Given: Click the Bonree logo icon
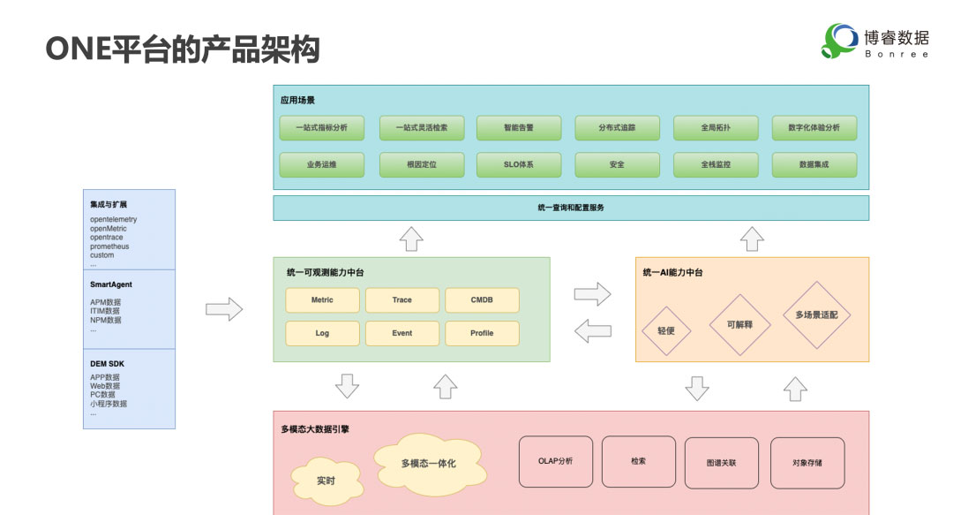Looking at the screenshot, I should point(839,41).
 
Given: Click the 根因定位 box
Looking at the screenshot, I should point(421,165).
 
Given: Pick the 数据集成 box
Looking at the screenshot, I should point(814,165).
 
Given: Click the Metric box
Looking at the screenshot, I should point(322,300).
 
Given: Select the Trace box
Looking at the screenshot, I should point(401,300).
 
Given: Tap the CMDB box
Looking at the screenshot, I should point(482,300).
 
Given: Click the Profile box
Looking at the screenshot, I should point(482,333).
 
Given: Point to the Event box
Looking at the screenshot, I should point(401,333).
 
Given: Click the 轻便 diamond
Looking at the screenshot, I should point(665,331).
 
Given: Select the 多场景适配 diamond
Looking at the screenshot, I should point(816,314).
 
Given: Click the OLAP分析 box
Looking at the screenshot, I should point(555,461).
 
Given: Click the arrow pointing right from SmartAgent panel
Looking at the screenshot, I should point(223,309).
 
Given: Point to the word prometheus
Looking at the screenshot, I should point(109,246).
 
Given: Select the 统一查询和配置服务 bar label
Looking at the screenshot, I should point(570,208).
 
